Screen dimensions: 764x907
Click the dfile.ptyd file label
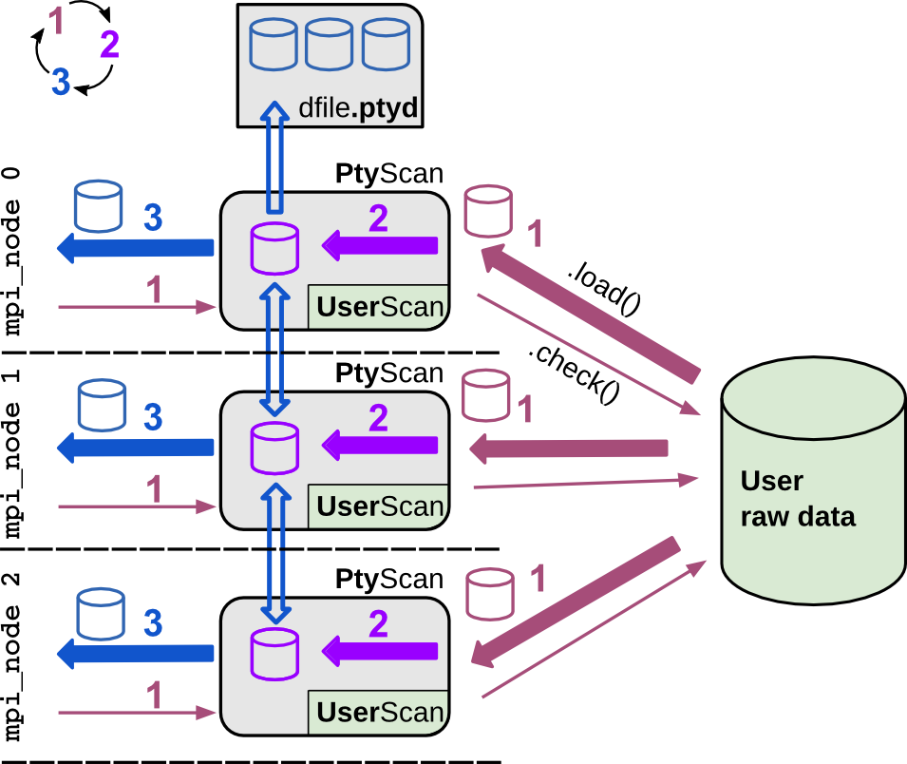pyautogui.click(x=358, y=109)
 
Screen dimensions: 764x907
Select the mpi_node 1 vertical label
pyautogui.click(x=13, y=454)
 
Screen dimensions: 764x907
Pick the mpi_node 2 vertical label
pyautogui.click(x=13, y=657)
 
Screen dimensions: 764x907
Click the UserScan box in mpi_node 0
pyautogui.click(x=379, y=306)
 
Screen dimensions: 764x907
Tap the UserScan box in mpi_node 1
pyautogui.click(x=379, y=506)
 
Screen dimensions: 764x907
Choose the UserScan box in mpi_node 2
pyautogui.click(x=379, y=713)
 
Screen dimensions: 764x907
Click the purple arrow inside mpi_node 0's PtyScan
pyautogui.click(x=379, y=246)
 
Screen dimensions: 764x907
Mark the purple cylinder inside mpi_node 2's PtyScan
pyautogui.click(x=274, y=654)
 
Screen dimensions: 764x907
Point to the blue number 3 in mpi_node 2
pyautogui.click(x=152, y=623)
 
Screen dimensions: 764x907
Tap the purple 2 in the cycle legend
pyautogui.click(x=109, y=45)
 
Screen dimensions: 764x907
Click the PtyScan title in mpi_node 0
pyautogui.click(x=388, y=175)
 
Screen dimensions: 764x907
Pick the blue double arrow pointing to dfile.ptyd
pyautogui.click(x=274, y=157)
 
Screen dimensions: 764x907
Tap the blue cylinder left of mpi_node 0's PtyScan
pyautogui.click(x=98, y=207)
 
